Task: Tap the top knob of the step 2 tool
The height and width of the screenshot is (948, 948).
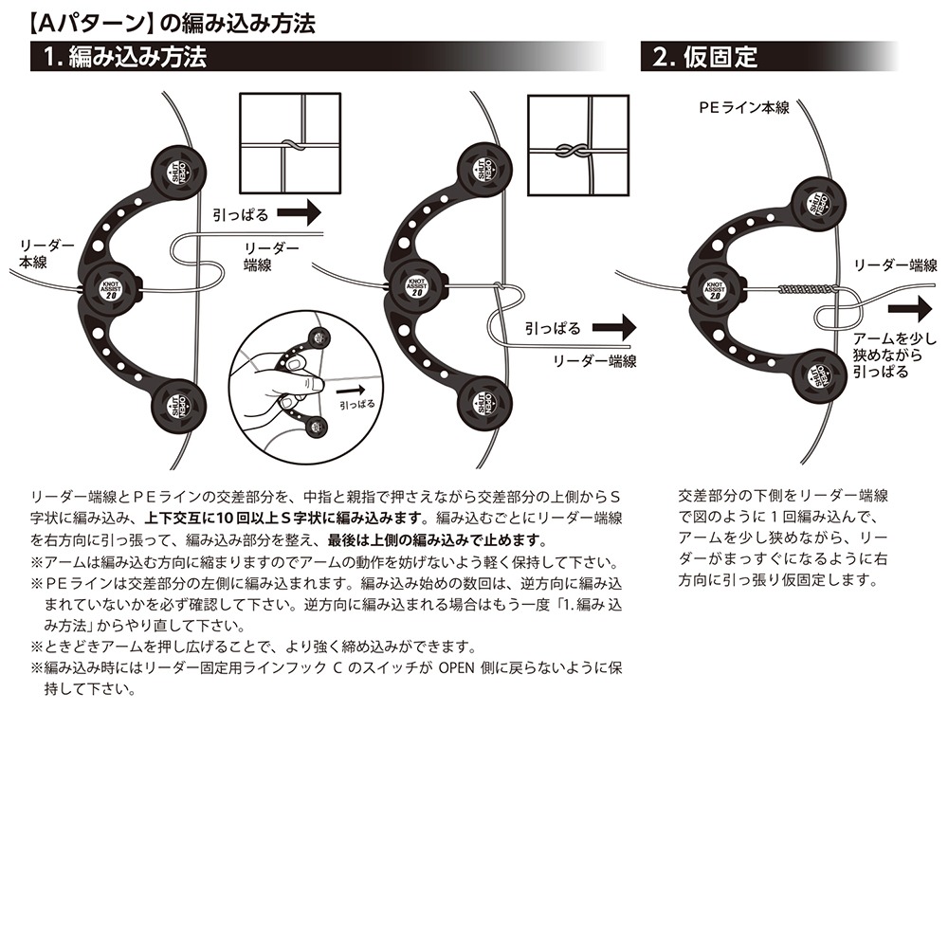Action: [816, 203]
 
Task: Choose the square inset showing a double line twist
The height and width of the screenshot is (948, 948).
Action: [578, 150]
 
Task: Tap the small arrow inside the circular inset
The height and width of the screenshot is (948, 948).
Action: [352, 389]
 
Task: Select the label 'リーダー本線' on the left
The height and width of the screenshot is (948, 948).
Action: [38, 253]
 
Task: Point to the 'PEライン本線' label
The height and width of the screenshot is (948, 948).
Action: [743, 108]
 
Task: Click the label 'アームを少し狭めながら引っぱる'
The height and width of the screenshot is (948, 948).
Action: [893, 355]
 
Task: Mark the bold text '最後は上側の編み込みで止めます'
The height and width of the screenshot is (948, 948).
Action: [436, 540]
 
